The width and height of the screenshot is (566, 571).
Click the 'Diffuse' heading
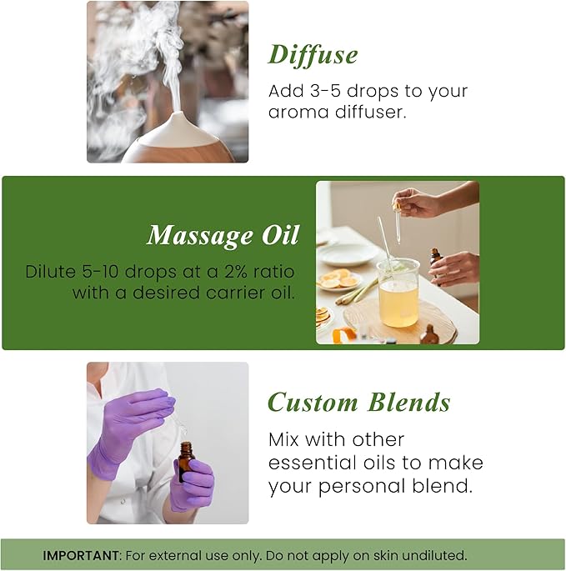point(313,54)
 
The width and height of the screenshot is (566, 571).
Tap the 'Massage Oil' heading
point(223,236)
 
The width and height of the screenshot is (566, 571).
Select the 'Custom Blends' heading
point(358,403)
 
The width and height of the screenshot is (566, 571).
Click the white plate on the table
point(348,253)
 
